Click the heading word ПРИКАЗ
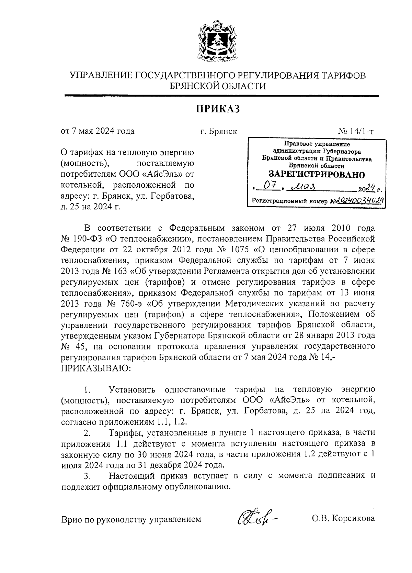click(217, 109)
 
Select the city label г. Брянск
click(218, 131)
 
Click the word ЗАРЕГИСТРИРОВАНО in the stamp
click(316, 174)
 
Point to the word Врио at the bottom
click(71, 519)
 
